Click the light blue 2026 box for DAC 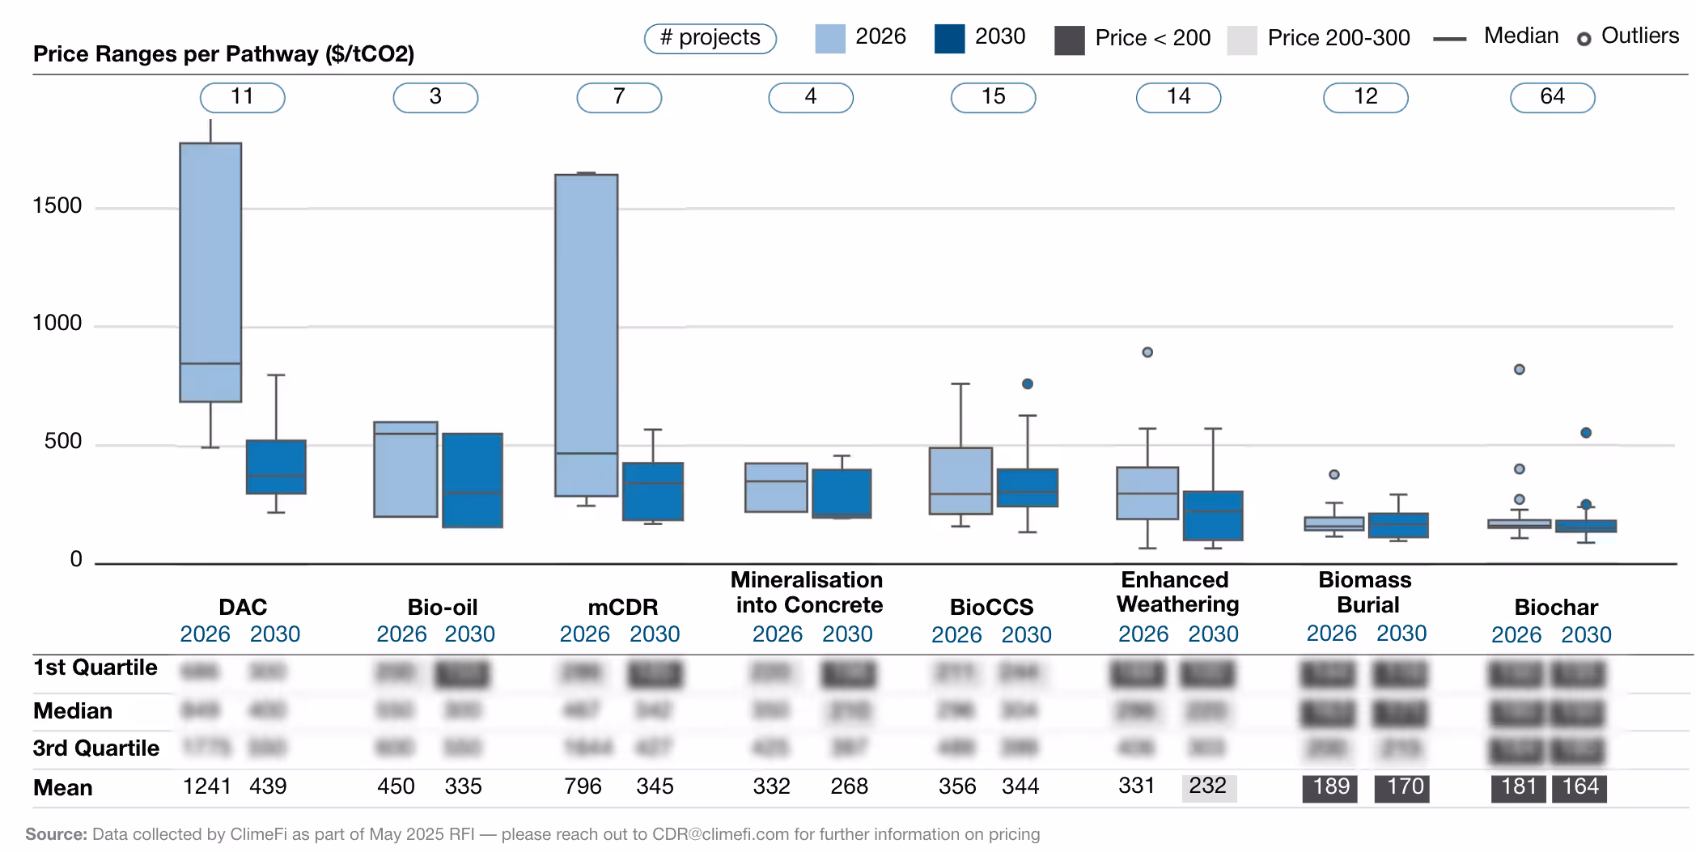pyautogui.click(x=210, y=272)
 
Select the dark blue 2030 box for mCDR pyautogui.click(x=653, y=491)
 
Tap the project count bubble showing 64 pyautogui.click(x=1552, y=97)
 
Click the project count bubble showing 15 pyautogui.click(x=993, y=97)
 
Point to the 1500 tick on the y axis pyautogui.click(x=57, y=206)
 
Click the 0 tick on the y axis pyautogui.click(x=76, y=559)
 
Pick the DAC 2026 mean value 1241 pyautogui.click(x=207, y=786)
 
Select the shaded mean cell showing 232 pyautogui.click(x=1208, y=786)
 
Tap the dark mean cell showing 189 pyautogui.click(x=1330, y=787)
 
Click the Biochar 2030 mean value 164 pyautogui.click(x=1579, y=787)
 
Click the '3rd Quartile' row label pyautogui.click(x=96, y=748)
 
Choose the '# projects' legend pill pyautogui.click(x=710, y=38)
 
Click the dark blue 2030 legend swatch pyautogui.click(x=949, y=38)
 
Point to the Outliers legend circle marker pyautogui.click(x=1584, y=39)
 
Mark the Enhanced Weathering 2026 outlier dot pyautogui.click(x=1147, y=352)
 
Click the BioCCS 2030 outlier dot pyautogui.click(x=1027, y=384)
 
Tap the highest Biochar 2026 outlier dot pyautogui.click(x=1519, y=369)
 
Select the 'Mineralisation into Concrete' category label pyautogui.click(x=808, y=592)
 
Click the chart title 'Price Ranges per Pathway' pyautogui.click(x=223, y=54)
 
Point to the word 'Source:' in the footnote pyautogui.click(x=56, y=834)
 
